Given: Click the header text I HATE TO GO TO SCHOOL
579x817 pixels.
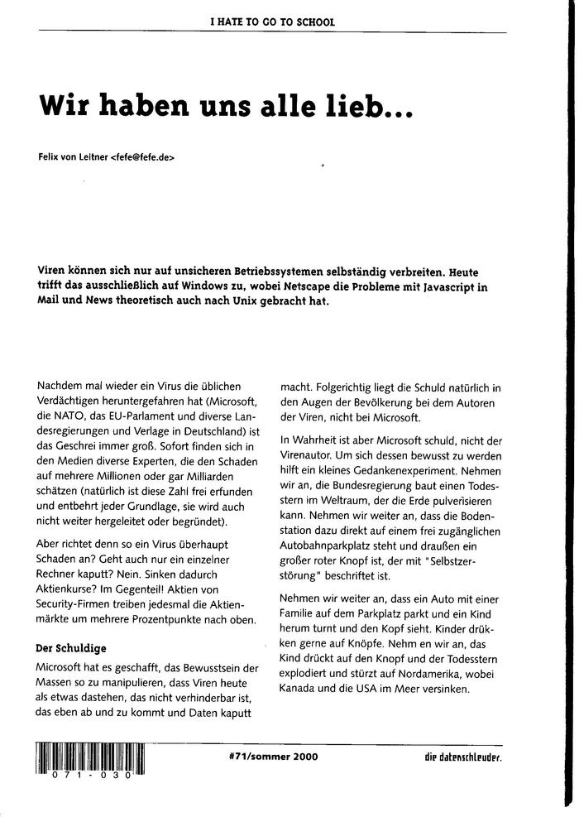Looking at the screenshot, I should [x=272, y=22].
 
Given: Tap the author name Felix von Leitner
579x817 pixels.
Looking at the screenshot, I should [x=73, y=156].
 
